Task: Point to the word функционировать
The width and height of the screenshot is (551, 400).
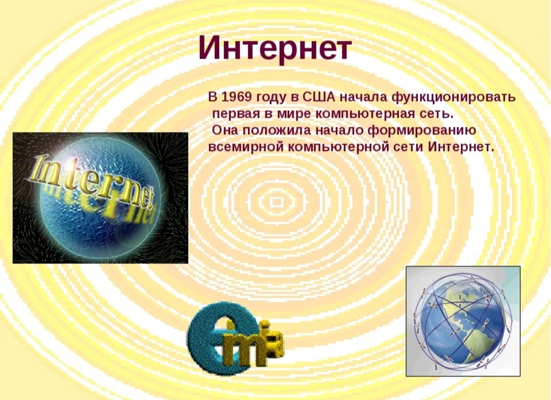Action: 453,97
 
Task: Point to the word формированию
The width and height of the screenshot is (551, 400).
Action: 422,131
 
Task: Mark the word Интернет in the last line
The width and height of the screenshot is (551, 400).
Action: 459,147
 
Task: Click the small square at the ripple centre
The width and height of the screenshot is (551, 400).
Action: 277,202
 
